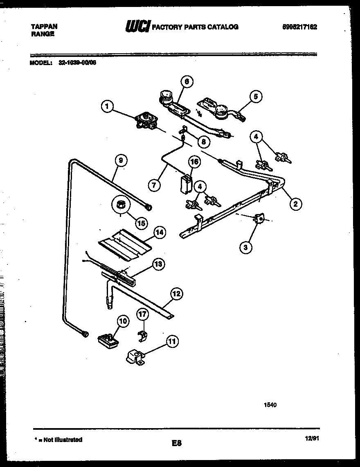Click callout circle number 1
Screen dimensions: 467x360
(x=107, y=107)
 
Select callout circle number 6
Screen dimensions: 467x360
(x=186, y=82)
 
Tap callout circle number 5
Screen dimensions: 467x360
(x=256, y=97)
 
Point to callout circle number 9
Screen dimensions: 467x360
(x=120, y=161)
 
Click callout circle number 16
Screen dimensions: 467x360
(x=194, y=162)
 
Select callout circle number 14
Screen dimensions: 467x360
(x=159, y=232)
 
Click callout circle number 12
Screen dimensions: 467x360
(x=176, y=293)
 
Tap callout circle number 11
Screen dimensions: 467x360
(x=173, y=341)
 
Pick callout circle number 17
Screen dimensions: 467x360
(x=142, y=315)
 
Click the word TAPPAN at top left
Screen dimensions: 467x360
(x=44, y=27)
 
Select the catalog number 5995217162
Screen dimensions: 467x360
(x=299, y=27)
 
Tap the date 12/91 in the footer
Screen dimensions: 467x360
(x=312, y=438)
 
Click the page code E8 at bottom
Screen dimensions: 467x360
(x=176, y=443)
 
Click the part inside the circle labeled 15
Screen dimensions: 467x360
(x=121, y=204)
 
